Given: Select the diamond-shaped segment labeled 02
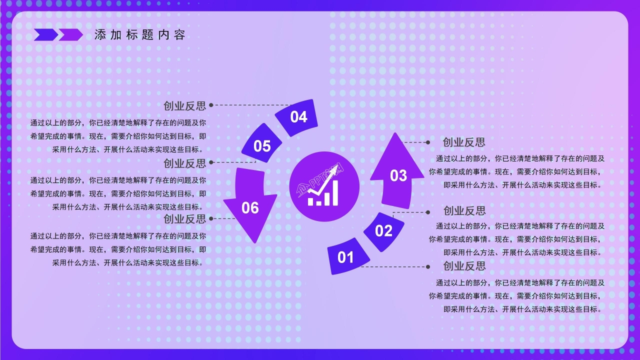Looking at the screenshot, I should (x=383, y=231).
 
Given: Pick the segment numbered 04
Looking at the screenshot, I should (x=298, y=117).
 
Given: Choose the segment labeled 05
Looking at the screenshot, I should (x=262, y=146).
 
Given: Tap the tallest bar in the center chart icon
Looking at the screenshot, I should (x=334, y=193).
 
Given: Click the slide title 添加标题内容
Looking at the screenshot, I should (x=140, y=35).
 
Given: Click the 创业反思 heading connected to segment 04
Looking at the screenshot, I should (x=184, y=105).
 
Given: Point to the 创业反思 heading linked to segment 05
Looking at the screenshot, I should (x=184, y=163).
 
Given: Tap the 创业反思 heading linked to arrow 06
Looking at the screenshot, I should (x=184, y=218).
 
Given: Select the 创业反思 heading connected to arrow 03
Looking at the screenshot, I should (x=464, y=142).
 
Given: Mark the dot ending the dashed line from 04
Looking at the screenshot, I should (x=211, y=105).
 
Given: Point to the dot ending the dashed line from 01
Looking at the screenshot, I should (x=428, y=266).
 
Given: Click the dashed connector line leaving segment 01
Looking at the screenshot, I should (x=395, y=266).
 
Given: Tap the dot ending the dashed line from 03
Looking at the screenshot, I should (x=428, y=142).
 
